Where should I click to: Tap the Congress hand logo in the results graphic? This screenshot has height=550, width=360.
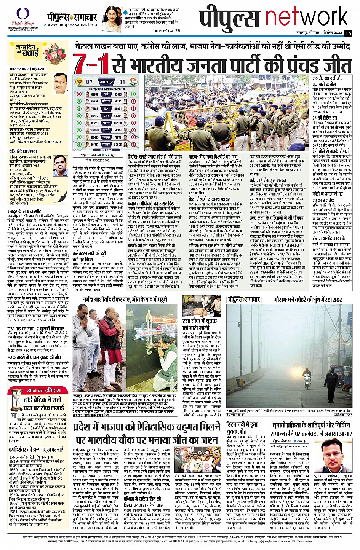(134, 81)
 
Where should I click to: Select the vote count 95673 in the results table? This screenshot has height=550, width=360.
(118, 94)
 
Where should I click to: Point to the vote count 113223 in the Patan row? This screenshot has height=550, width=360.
(95, 123)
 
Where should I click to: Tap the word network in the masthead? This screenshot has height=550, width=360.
(307, 17)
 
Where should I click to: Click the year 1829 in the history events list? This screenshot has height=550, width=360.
(14, 461)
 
